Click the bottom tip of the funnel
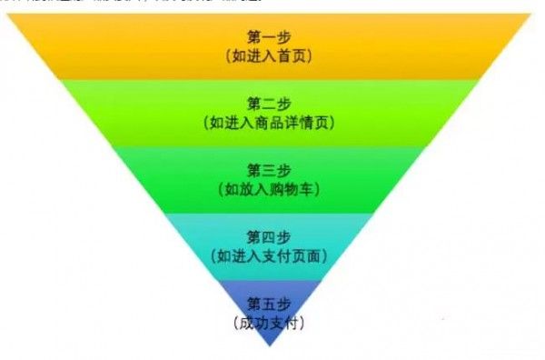click(x=271, y=346)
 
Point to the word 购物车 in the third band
click(x=295, y=190)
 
